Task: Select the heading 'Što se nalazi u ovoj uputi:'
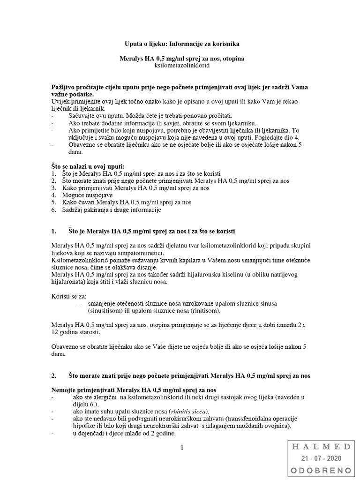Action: click(x=88, y=166)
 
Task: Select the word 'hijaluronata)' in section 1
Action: click(x=71, y=282)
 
